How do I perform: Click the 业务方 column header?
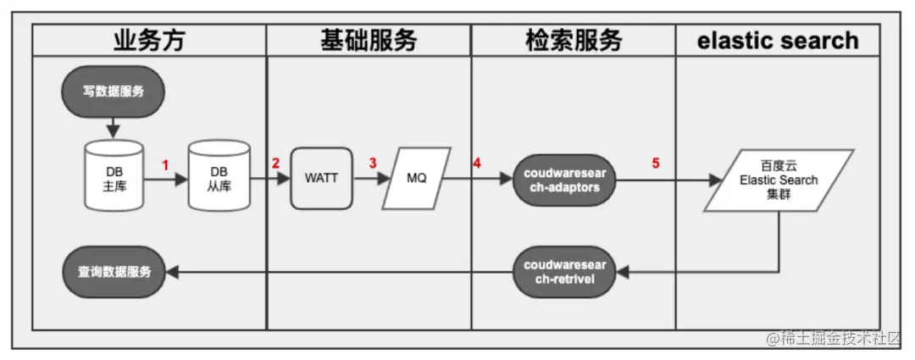(148, 40)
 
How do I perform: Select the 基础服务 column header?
(369, 40)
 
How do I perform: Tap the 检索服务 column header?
(574, 40)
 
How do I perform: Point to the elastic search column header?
(777, 40)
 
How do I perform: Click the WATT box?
(321, 179)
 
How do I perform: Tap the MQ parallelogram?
(417, 179)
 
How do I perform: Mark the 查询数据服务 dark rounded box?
(114, 272)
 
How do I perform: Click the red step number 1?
(167, 165)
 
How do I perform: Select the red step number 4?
(478, 163)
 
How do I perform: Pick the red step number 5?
(655, 163)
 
